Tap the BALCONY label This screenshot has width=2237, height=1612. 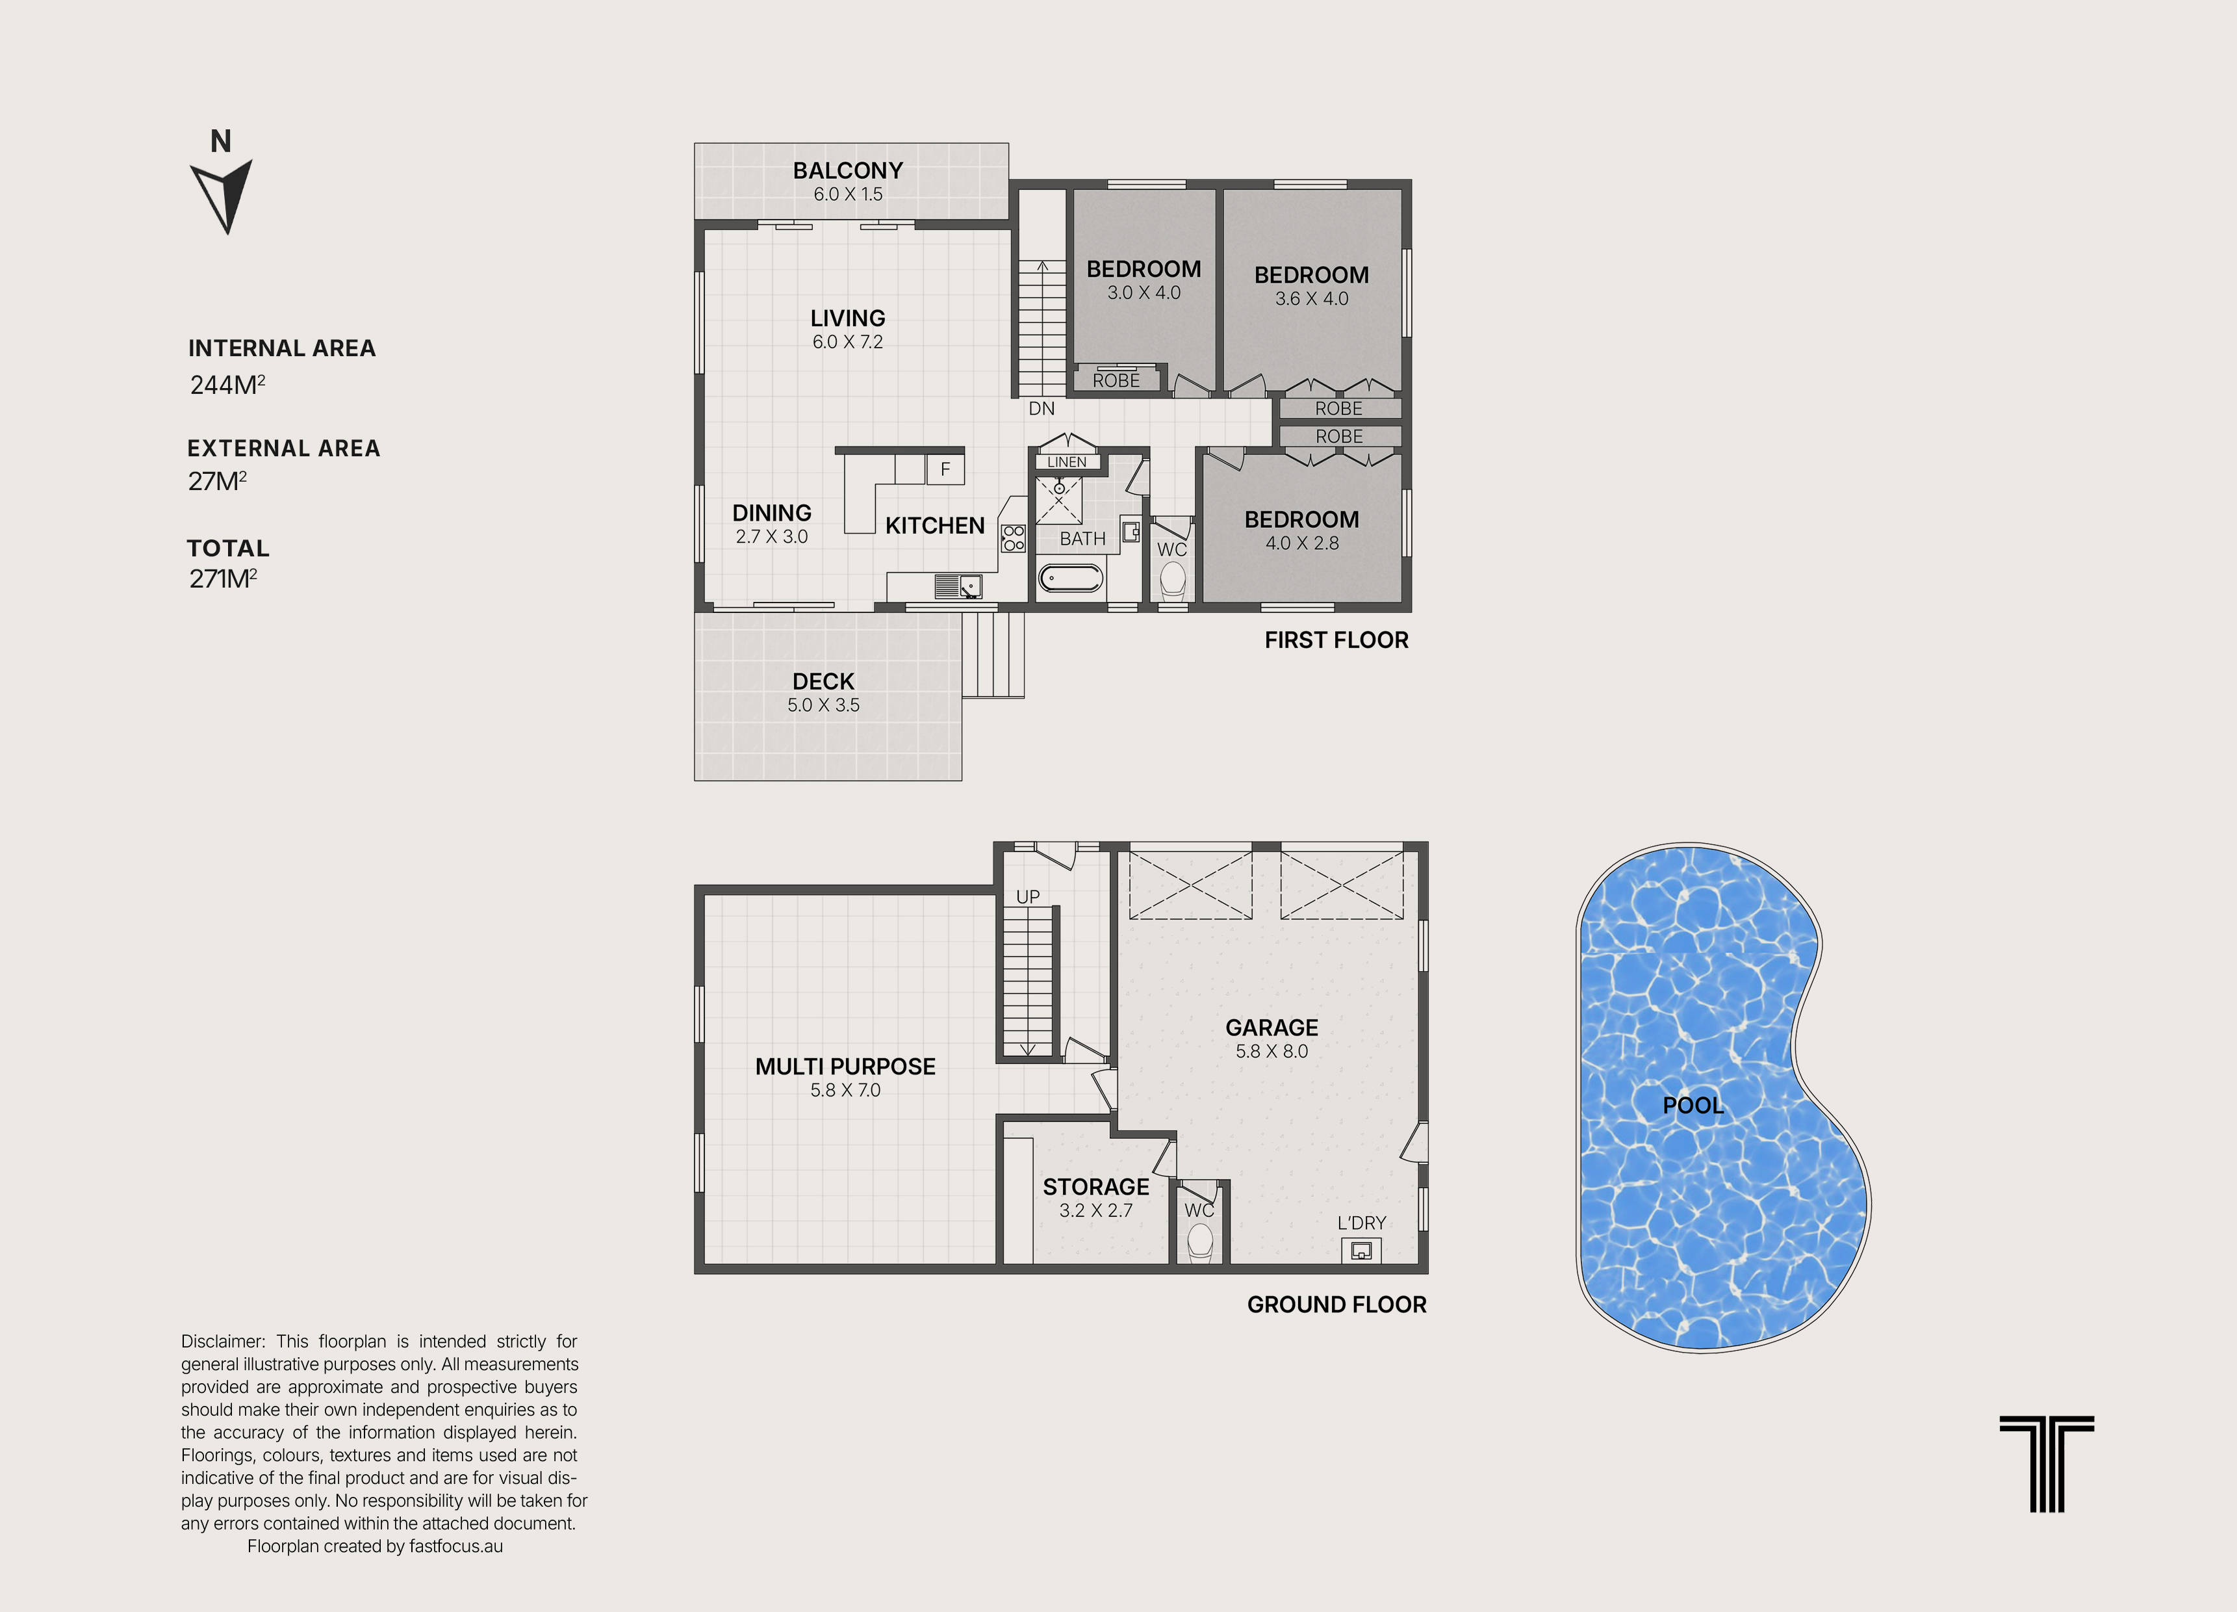coord(847,171)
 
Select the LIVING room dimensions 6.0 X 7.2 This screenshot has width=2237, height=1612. coord(847,343)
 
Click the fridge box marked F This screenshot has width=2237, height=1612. coord(945,469)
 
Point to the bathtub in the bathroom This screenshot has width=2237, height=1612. coord(1070,577)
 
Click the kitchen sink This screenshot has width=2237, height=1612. coord(958,586)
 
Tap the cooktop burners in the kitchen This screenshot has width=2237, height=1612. coord(1013,538)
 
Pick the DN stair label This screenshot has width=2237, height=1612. coord(1042,408)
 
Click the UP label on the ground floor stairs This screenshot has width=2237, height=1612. coord(1028,897)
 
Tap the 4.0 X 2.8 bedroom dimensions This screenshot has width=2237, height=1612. coord(1302,543)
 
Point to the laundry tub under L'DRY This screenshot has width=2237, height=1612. coord(1361,1250)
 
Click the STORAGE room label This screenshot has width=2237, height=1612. coord(1096,1187)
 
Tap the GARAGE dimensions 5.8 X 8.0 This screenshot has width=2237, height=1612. coord(1272,1052)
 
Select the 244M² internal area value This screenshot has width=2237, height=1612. coord(227,385)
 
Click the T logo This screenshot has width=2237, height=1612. coord(2047,1464)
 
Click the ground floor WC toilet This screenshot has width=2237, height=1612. coord(1199,1242)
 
